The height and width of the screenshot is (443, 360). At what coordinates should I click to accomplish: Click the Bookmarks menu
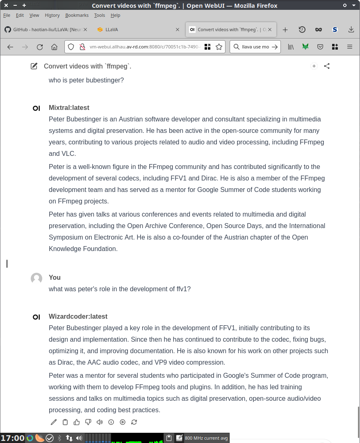[77, 15]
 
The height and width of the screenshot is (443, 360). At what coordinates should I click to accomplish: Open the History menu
[52, 15]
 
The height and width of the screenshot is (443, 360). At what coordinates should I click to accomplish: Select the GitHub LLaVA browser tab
[45, 30]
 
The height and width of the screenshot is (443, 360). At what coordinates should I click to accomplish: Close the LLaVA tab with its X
[178, 30]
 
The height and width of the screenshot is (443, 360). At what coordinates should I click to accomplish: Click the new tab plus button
[285, 30]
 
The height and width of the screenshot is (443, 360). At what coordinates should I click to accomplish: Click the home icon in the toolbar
[54, 47]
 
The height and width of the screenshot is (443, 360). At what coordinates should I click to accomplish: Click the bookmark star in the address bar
[219, 47]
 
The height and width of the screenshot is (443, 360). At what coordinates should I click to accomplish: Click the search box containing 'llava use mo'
[255, 47]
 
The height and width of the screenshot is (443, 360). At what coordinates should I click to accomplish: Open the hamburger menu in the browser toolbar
[350, 47]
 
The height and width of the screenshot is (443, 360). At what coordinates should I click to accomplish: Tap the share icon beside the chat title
[327, 66]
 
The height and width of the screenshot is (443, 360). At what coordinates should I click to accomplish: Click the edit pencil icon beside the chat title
[34, 66]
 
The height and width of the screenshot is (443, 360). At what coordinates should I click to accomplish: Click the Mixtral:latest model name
[69, 107]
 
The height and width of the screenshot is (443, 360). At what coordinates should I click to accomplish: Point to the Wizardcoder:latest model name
[78, 316]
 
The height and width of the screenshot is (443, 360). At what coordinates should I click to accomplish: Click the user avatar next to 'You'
[36, 279]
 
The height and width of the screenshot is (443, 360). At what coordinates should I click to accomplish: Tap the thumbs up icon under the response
[77, 422]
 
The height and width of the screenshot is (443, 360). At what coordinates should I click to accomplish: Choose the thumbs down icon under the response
[88, 422]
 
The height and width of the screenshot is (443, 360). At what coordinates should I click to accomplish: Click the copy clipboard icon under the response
[65, 422]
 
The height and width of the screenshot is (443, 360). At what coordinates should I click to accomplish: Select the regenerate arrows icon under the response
[134, 422]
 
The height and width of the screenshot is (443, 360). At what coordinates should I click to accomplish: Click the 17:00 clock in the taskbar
[13, 438]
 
